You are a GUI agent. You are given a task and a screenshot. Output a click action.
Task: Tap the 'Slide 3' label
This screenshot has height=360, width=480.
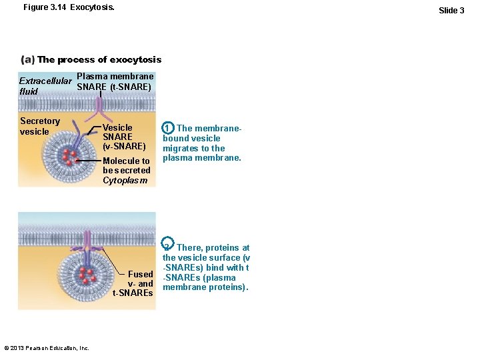point(451,10)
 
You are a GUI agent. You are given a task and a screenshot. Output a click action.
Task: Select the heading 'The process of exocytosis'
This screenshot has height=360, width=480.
point(99,60)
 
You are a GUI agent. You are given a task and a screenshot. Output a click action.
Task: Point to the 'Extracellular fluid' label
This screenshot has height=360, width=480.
point(41,86)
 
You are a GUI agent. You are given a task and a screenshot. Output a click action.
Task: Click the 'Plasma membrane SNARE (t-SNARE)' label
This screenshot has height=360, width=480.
point(115,81)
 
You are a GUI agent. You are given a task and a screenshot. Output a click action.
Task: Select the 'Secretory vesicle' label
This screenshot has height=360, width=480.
point(40,126)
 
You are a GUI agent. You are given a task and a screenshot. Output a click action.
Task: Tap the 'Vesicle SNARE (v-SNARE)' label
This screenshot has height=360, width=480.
point(124,137)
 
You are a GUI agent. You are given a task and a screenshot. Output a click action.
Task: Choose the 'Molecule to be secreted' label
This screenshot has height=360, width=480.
point(127,165)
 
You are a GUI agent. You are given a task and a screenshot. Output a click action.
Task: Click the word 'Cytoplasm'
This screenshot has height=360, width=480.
point(125,180)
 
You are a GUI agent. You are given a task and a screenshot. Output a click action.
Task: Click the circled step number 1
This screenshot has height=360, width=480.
point(169,127)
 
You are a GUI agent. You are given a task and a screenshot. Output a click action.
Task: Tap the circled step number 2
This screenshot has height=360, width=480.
point(168,247)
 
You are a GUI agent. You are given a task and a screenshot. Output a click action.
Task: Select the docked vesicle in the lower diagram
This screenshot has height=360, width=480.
point(85,269)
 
